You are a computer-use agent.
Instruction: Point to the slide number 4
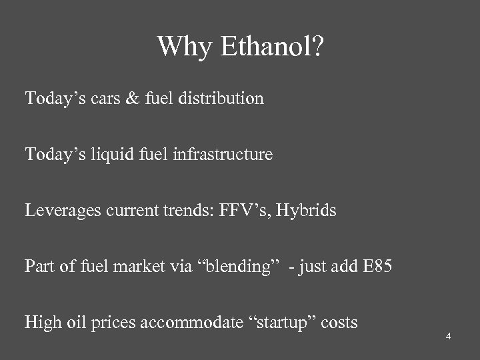(449, 336)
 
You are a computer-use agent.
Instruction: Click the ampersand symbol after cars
(133, 99)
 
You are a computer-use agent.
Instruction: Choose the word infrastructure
(223, 155)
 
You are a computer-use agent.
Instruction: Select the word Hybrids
(306, 211)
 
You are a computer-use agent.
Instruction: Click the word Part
(39, 267)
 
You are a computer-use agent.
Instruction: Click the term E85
(378, 267)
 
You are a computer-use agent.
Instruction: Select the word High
(41, 323)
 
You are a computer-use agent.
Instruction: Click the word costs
(339, 323)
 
